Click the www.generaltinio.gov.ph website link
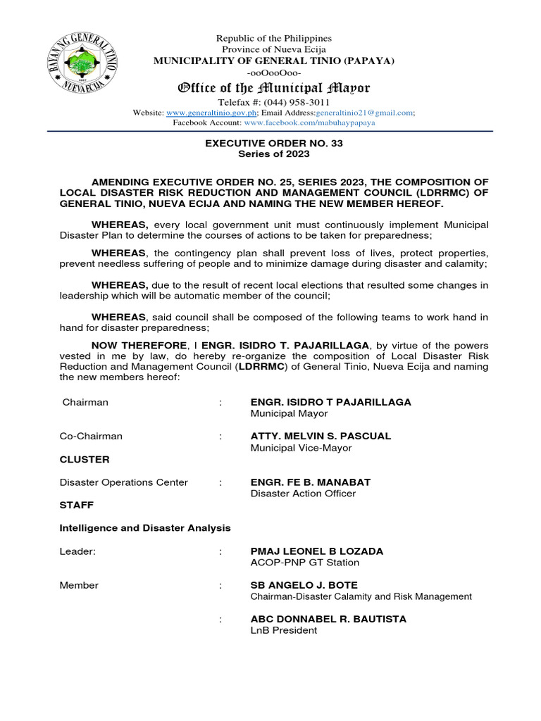211,113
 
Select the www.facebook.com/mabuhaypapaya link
309,123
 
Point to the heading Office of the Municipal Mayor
273,88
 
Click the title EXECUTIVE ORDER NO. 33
274,143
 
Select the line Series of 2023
274,153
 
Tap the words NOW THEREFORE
139,345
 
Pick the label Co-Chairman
91,436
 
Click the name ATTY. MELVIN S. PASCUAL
321,436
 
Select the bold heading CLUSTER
85,459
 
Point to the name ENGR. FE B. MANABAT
310,482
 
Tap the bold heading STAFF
77,505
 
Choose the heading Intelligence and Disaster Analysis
145,527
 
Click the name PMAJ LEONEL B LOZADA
317,551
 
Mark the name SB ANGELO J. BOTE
304,585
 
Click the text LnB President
284,630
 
